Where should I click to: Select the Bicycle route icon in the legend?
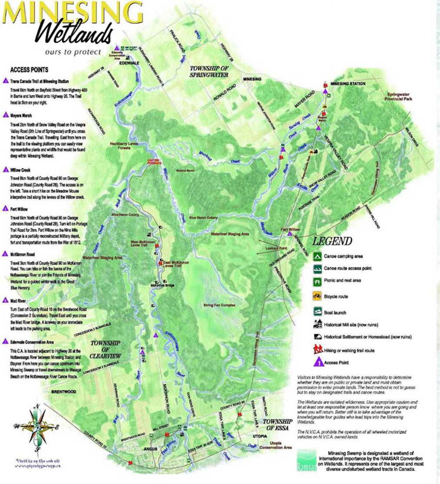point(318,297)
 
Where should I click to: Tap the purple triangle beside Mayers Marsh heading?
point(5,115)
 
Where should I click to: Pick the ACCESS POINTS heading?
point(29,69)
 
